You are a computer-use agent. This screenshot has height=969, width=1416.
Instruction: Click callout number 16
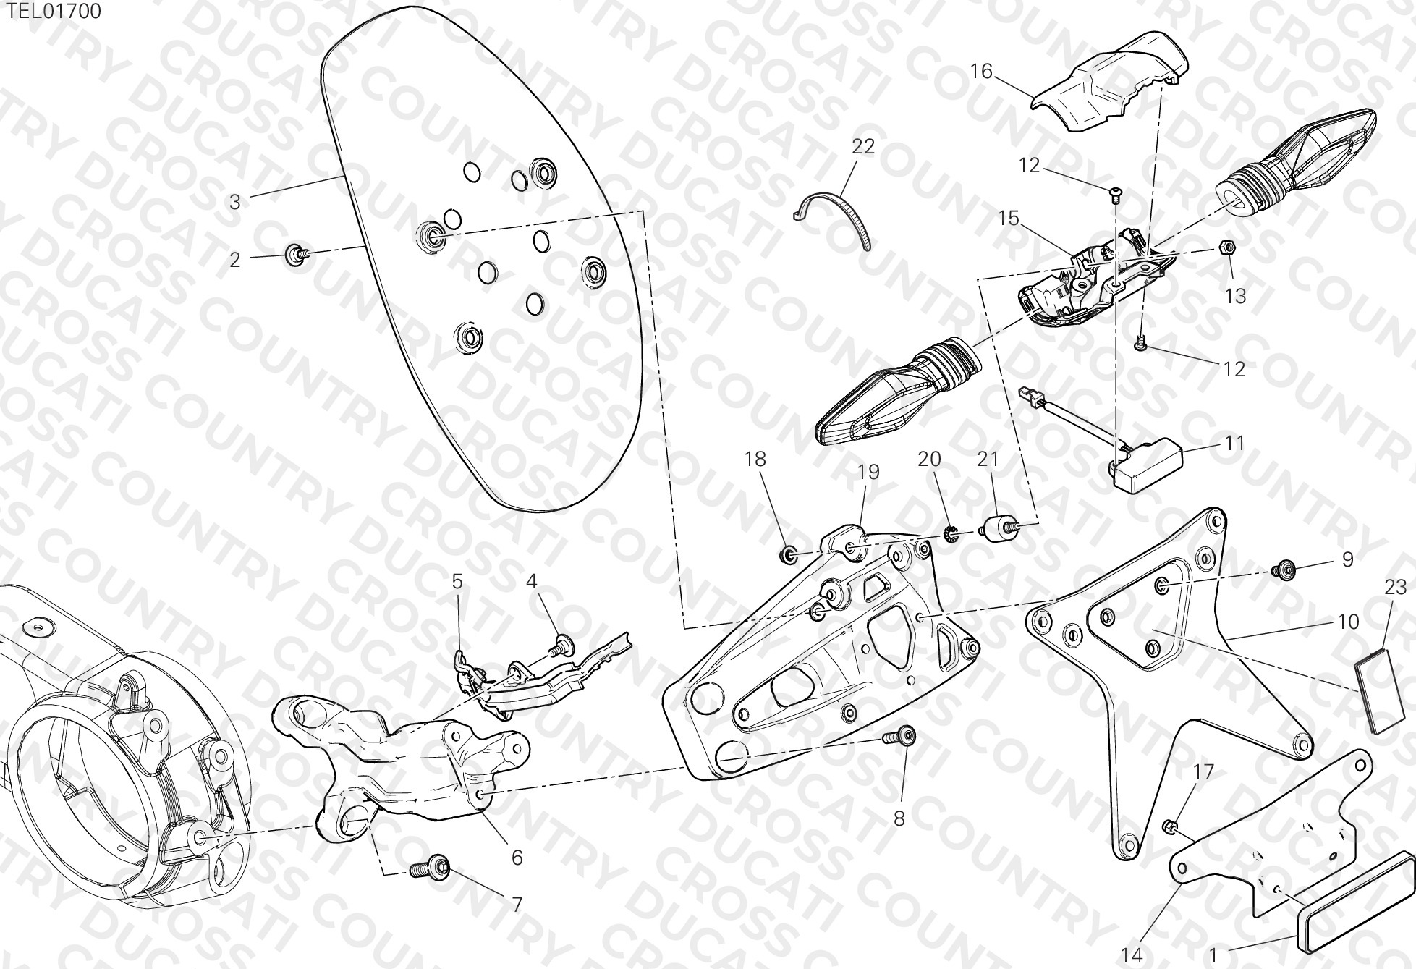(x=981, y=71)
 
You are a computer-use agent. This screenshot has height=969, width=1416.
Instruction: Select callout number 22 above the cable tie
(x=863, y=146)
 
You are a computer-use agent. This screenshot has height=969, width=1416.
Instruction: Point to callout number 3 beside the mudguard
(x=234, y=202)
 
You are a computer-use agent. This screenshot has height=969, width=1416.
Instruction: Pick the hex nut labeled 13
(x=1226, y=247)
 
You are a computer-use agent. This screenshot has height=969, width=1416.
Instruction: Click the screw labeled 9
(x=1284, y=570)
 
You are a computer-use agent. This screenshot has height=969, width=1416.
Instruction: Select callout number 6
(x=517, y=858)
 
